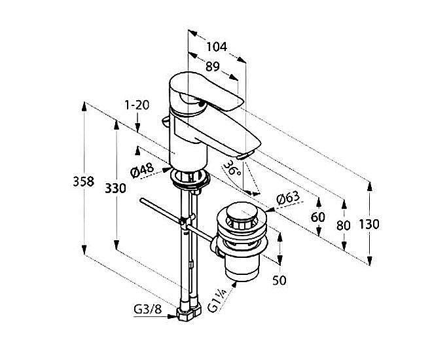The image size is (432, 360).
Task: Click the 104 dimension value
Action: [x=216, y=46]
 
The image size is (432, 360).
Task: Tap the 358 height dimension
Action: [x=84, y=182]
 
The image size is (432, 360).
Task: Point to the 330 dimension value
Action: [x=115, y=189]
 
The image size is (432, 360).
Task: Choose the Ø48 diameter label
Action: [x=142, y=171]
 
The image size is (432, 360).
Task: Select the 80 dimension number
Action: [x=343, y=224]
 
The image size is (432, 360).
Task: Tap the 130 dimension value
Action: [x=369, y=224]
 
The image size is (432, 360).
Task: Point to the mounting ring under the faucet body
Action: [x=190, y=177]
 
